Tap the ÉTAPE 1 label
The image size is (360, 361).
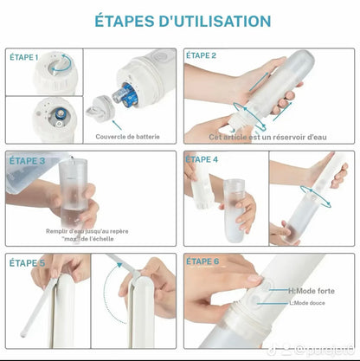pyautogui.click(x=25, y=57)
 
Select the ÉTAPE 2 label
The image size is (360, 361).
pyautogui.click(x=202, y=56)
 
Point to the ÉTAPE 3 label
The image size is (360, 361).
pyautogui.click(x=26, y=160)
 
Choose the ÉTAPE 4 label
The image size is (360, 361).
pyautogui.click(x=202, y=160)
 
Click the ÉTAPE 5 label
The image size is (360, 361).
pyautogui.click(x=26, y=262)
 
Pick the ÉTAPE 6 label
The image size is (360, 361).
pyautogui.click(x=202, y=262)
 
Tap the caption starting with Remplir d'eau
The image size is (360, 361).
pyautogui.click(x=86, y=235)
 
